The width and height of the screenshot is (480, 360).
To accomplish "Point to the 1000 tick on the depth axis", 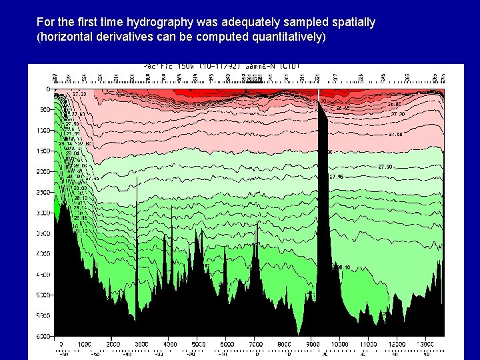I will click(x=42, y=130).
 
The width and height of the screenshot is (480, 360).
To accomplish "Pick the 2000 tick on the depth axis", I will click(x=42, y=171).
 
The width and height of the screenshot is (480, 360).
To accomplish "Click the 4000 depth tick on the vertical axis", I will click(x=42, y=254).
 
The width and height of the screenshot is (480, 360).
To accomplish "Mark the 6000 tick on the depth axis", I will click(x=42, y=336).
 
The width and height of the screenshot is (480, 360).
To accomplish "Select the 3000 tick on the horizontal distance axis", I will click(x=142, y=344).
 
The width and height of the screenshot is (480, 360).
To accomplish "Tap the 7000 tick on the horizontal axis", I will click(x=256, y=344).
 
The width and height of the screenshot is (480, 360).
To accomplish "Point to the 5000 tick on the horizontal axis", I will click(x=199, y=344).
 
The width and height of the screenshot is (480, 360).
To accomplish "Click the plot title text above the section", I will click(x=222, y=66).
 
